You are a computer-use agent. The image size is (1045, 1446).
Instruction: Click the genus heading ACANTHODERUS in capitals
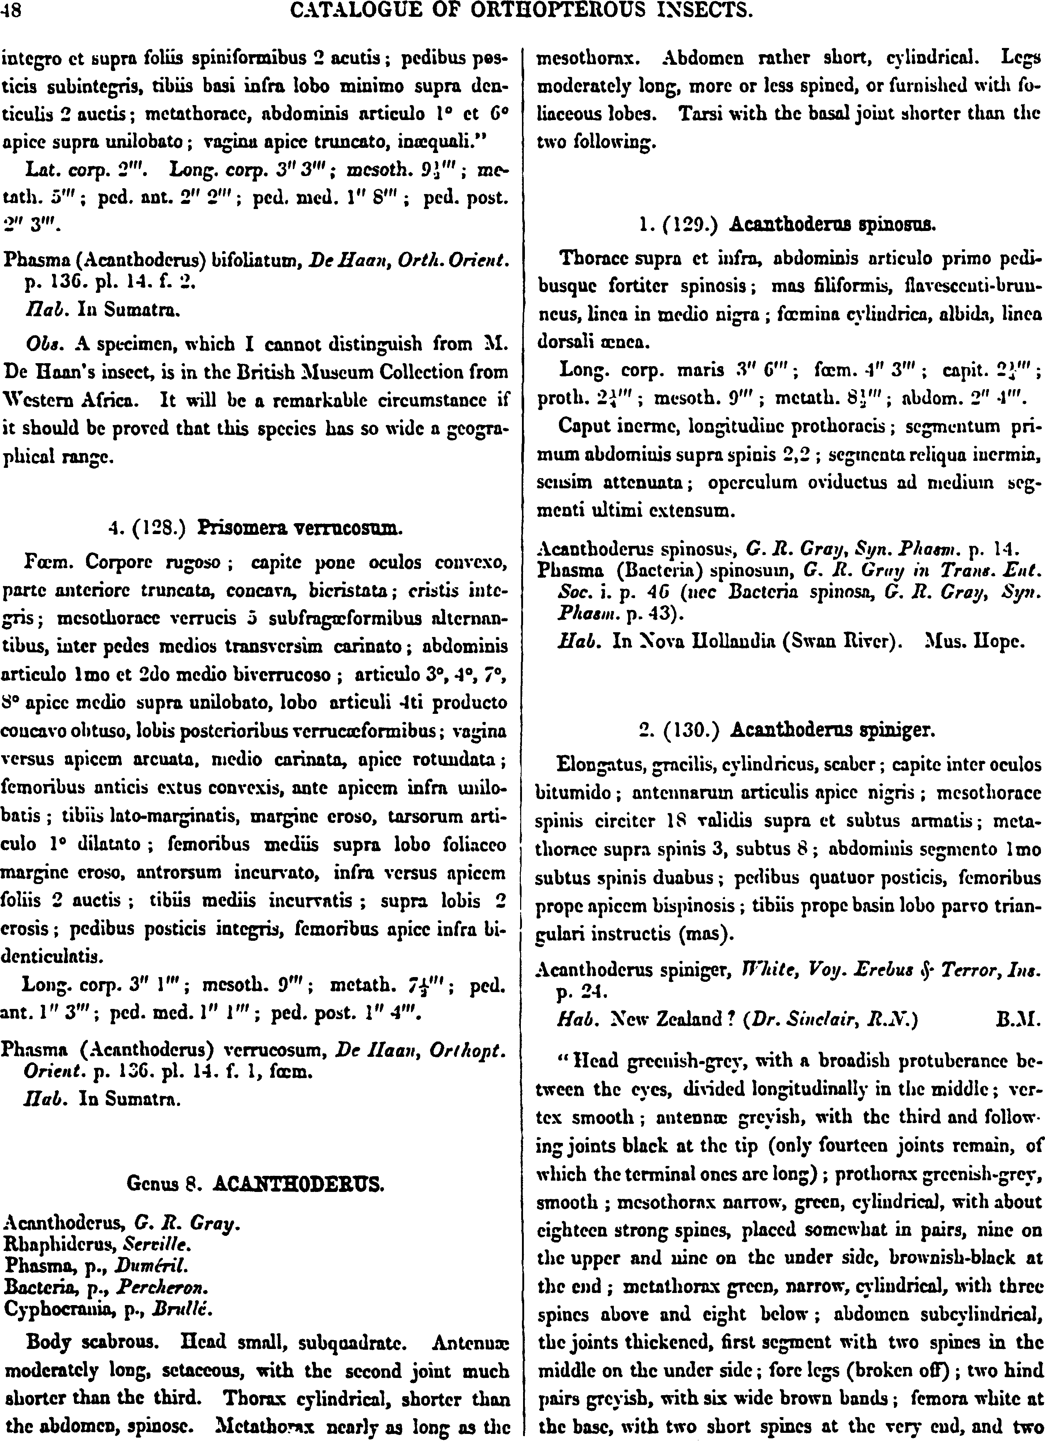coord(298,1185)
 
